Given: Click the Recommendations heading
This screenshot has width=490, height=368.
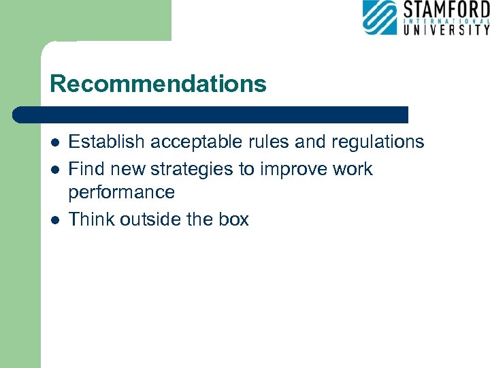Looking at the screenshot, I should pyautogui.click(x=158, y=84).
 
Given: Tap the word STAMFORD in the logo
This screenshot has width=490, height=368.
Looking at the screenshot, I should pyautogui.click(x=446, y=11).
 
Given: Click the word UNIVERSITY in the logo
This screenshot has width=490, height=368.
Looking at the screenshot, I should pyautogui.click(x=446, y=29).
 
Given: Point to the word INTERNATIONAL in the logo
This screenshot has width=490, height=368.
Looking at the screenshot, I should pyautogui.click(x=446, y=20).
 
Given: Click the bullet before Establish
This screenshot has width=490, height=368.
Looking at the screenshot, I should pyautogui.click(x=54, y=142).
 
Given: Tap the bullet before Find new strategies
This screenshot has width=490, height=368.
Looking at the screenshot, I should pyautogui.click(x=54, y=170).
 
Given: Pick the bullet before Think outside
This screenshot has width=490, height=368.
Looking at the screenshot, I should pyautogui.click(x=54, y=220).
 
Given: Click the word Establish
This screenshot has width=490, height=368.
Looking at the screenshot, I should pyautogui.click(x=107, y=142).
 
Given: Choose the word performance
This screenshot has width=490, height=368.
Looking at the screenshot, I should pyautogui.click(x=122, y=192).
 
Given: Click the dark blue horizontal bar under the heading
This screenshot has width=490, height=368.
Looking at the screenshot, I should pyautogui.click(x=211, y=114).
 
